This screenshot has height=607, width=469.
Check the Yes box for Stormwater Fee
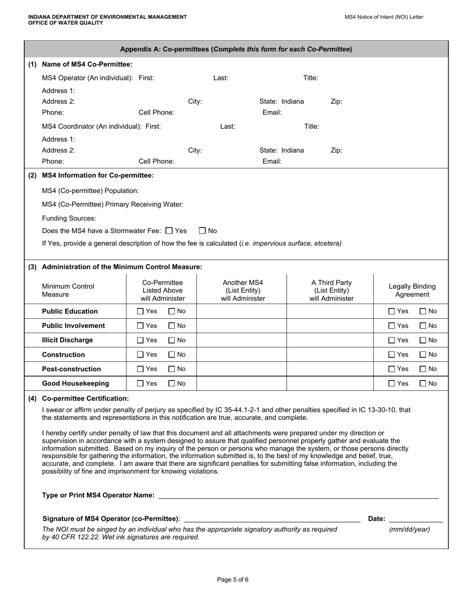pyautogui.click(x=169, y=230)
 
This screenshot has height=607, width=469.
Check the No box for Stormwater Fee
pyautogui.click(x=202, y=230)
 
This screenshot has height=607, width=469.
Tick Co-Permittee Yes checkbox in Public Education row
pyautogui.click(x=140, y=311)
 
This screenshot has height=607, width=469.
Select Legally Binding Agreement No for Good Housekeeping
pyautogui.click(x=423, y=383)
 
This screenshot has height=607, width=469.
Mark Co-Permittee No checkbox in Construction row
pyautogui.click(x=172, y=355)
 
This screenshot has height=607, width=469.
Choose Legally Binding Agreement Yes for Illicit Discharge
pyautogui.click(x=392, y=340)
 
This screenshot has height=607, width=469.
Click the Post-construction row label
pyautogui.click(x=71, y=369)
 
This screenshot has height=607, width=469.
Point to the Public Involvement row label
pyautogui.click(x=73, y=326)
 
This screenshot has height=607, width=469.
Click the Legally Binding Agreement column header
pyautogui.click(x=412, y=290)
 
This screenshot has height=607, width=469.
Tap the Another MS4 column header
pyautogui.click(x=242, y=290)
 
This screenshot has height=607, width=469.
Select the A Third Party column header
pyautogui.click(x=331, y=290)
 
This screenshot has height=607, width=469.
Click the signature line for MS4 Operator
pyautogui.click(x=272, y=520)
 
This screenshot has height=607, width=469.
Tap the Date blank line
pyautogui.click(x=416, y=520)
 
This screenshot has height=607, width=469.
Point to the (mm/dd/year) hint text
pyautogui.click(x=409, y=530)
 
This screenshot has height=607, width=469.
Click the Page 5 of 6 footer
pyautogui.click(x=233, y=580)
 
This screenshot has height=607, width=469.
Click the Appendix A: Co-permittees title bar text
pyautogui.click(x=236, y=49)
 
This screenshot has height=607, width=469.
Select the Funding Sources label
pyautogui.click(x=69, y=218)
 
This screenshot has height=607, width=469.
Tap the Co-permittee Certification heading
pyautogui.click(x=85, y=398)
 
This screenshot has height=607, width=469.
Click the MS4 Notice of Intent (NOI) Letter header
pyautogui.click(x=384, y=17)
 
